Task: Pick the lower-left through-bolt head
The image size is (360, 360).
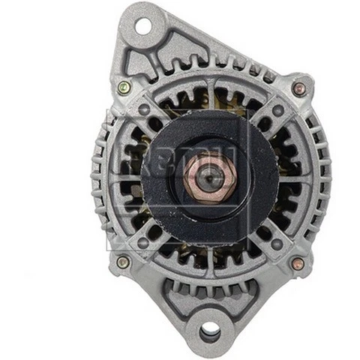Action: coord(123,262)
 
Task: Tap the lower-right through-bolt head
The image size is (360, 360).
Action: coord(298,263)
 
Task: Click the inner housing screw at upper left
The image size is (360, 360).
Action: coord(144,109)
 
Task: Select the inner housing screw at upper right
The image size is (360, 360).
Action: coord(278,110)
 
